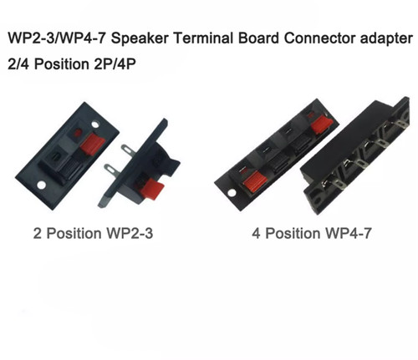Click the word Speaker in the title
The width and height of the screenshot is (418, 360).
click(140, 38)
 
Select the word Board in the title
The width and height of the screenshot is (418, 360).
click(258, 38)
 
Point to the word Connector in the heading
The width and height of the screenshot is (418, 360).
click(319, 38)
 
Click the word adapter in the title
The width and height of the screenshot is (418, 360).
click(386, 39)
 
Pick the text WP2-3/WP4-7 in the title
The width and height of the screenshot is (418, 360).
click(57, 38)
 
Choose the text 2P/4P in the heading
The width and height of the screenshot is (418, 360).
click(115, 64)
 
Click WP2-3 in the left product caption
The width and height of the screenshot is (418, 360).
click(130, 233)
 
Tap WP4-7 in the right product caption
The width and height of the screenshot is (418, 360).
click(349, 233)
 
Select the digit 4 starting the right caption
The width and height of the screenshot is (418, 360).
click(256, 233)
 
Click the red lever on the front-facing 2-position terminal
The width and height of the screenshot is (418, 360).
click(93, 144)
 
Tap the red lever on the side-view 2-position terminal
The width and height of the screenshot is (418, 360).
click(152, 189)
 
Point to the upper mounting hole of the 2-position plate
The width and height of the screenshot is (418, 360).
click(95, 124)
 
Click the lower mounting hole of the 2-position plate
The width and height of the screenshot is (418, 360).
click(41, 185)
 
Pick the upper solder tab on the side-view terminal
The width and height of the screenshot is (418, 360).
click(128, 150)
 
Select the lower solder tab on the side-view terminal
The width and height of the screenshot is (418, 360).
click(111, 170)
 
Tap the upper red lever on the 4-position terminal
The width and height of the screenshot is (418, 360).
click(322, 124)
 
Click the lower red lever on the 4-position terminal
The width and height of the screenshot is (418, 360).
click(255, 182)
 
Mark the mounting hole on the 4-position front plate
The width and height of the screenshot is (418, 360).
click(232, 193)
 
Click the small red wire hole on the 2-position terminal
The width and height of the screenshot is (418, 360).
click(78, 132)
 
